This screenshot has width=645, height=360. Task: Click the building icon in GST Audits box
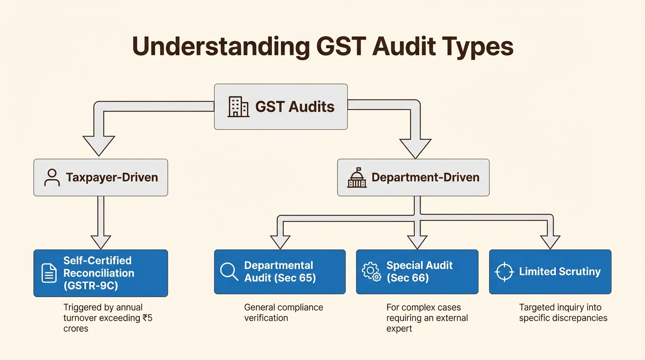(x=238, y=107)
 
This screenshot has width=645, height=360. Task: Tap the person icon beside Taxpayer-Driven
(x=52, y=177)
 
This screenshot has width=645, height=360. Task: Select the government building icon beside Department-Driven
(x=357, y=178)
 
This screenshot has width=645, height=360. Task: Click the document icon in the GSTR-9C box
(x=49, y=273)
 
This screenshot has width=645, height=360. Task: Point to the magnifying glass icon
(x=229, y=271)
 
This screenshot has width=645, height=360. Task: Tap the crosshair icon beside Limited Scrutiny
(x=504, y=272)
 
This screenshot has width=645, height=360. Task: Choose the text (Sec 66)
(x=408, y=278)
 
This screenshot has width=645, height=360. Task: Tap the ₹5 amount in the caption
(x=147, y=318)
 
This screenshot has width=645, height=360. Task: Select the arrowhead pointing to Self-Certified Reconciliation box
(x=100, y=241)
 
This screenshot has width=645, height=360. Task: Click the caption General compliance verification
(x=283, y=313)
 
